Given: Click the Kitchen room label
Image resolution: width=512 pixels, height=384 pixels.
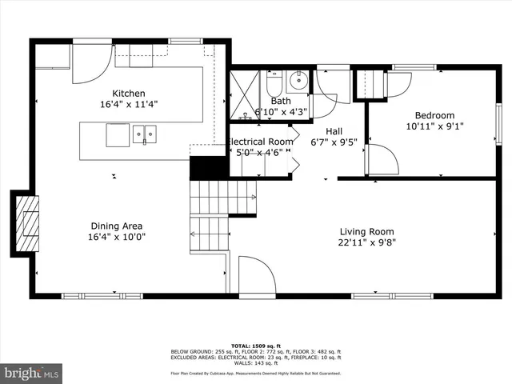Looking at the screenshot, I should coord(128,94).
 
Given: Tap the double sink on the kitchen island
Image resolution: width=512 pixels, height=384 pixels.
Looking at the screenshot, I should coord(145,134).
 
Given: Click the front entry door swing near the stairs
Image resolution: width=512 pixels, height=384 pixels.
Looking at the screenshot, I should coord(255,277).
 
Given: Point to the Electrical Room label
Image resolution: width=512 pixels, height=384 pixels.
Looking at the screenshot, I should coord(260,142).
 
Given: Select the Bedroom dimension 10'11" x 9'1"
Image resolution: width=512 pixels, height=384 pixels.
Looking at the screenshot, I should coord(434,126).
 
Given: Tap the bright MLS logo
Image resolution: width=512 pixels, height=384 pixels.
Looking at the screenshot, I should coord(32,373).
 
